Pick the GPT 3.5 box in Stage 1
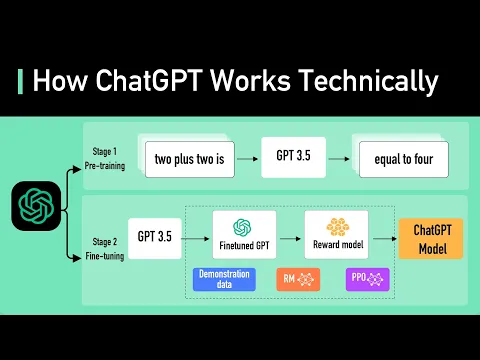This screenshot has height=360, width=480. pos(294,157)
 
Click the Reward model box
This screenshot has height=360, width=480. pos(336,235)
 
